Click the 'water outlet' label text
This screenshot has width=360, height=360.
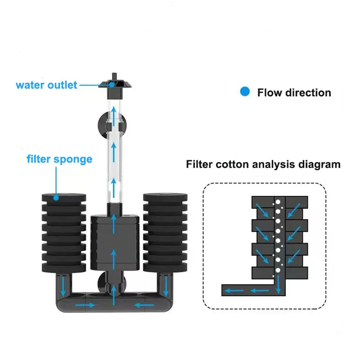coord(46,85)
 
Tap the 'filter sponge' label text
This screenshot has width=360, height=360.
coord(59,159)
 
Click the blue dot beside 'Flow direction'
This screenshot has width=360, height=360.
coord(245,92)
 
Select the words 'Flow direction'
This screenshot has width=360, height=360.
coord(294,93)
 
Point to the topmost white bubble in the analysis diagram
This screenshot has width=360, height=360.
coord(278,202)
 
